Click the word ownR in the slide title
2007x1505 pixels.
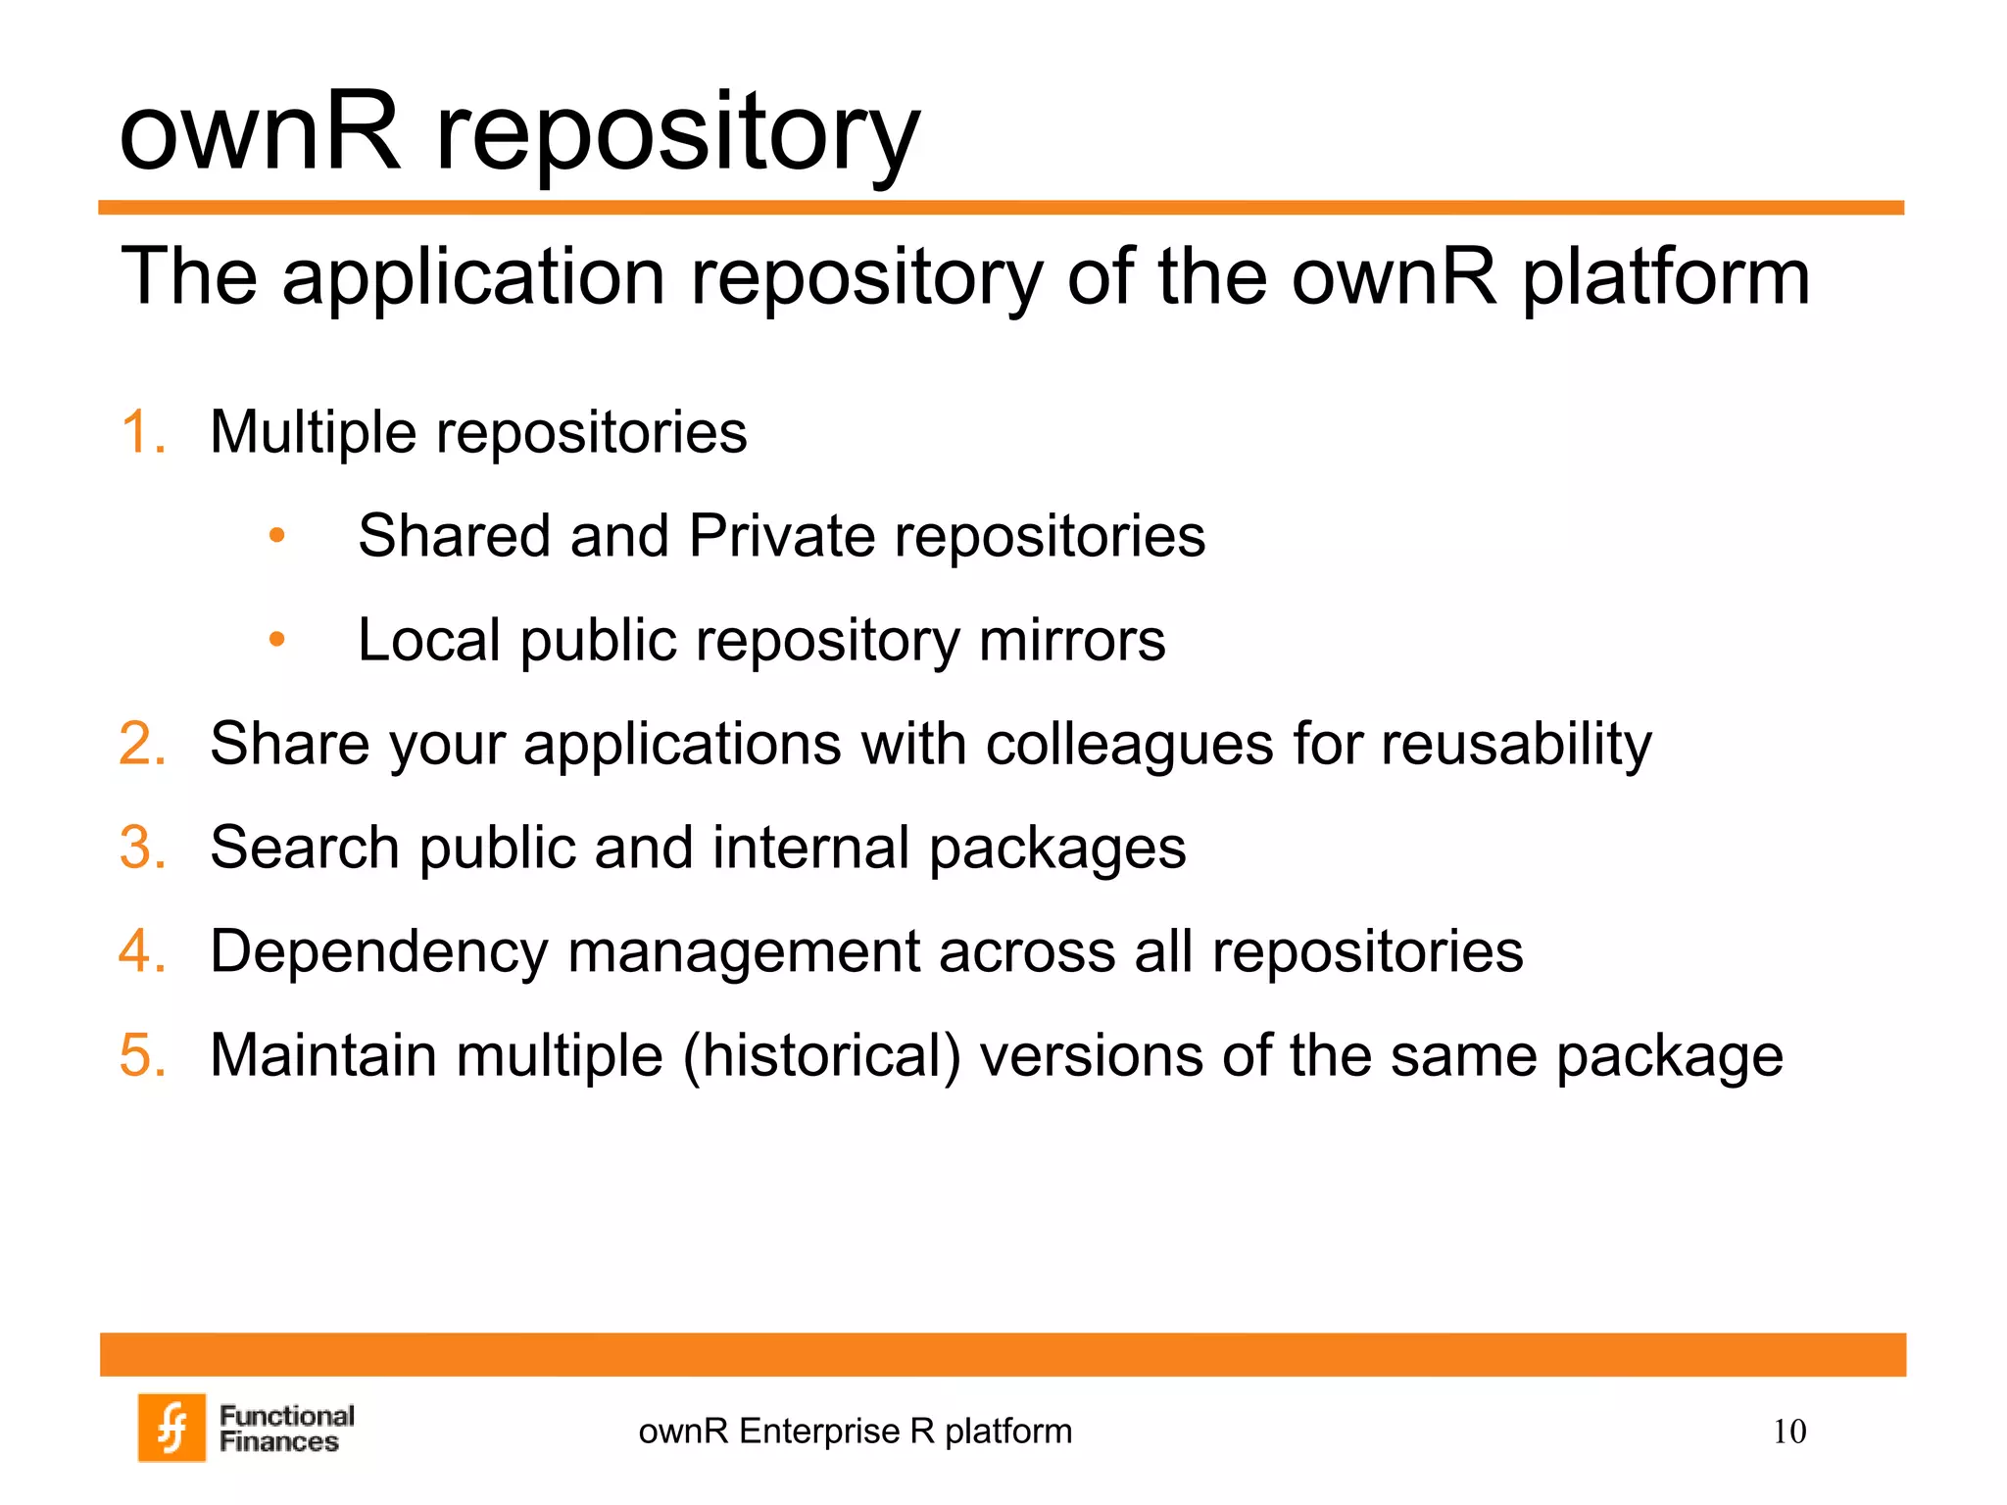[260, 132]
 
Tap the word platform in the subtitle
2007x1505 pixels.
[1665, 277]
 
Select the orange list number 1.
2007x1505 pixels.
[142, 432]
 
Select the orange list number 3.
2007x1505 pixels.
[142, 848]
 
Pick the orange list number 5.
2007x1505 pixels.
[142, 1055]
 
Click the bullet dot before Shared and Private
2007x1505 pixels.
[277, 536]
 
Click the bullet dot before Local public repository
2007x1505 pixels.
[277, 640]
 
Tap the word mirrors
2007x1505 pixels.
[1072, 640]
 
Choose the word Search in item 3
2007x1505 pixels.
[305, 848]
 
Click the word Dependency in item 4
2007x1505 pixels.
[378, 951]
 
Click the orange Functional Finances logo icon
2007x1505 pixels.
[171, 1427]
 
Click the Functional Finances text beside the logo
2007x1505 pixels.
[286, 1429]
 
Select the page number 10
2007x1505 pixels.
[1788, 1432]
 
